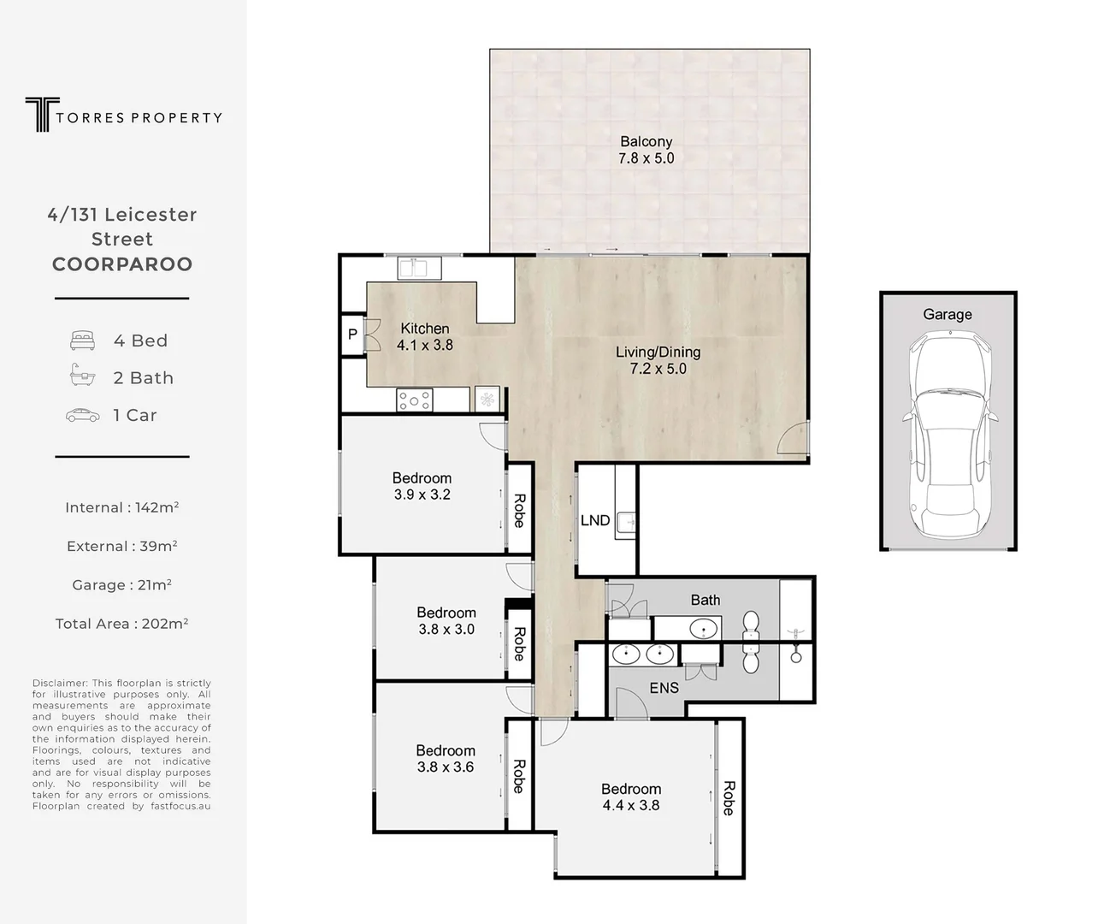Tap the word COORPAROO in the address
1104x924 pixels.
[122, 264]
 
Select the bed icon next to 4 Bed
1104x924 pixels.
[82, 341]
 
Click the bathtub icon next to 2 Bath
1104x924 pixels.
[82, 376]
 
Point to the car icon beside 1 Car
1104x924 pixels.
[82, 415]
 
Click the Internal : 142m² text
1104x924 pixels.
[122, 507]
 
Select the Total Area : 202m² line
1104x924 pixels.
[122, 624]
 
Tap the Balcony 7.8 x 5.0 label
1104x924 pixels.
[646, 150]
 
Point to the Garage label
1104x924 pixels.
[948, 314]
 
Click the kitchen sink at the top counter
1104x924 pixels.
[419, 268]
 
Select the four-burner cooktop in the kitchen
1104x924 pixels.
[415, 400]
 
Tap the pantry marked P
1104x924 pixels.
[352, 335]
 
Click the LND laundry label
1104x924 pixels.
[595, 520]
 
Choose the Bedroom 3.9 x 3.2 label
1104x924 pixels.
[422, 486]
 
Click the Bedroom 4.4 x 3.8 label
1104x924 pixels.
[630, 797]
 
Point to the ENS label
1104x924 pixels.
[664, 688]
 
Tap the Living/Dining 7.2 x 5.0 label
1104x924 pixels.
[658, 360]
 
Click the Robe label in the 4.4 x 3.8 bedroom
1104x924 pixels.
[729, 798]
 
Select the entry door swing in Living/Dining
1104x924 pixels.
[794, 438]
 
